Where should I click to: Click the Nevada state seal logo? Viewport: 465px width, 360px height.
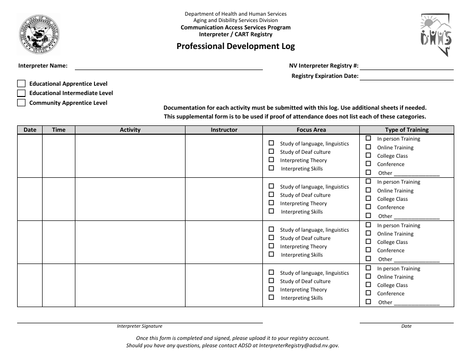click(x=39, y=34)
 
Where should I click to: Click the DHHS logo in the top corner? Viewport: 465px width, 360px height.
click(x=435, y=35)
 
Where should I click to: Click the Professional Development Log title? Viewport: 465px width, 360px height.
click(x=235, y=47)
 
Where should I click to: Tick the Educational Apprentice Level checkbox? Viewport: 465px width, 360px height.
click(x=21, y=84)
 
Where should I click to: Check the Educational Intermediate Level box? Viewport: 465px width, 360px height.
click(x=21, y=93)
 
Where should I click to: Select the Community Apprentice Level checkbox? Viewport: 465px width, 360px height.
click(x=21, y=103)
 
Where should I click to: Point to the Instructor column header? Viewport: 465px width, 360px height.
click(x=224, y=130)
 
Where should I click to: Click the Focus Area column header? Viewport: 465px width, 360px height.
click(x=311, y=130)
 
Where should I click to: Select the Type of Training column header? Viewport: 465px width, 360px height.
click(x=406, y=130)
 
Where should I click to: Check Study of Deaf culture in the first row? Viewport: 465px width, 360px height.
click(x=271, y=152)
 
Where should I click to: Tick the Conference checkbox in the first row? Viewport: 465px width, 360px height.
click(x=368, y=164)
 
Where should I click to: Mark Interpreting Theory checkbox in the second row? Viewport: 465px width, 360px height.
click(x=271, y=203)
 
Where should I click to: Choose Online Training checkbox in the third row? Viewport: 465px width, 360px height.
click(x=368, y=234)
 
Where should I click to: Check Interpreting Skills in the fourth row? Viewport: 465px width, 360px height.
click(x=271, y=298)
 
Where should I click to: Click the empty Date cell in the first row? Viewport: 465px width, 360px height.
click(x=30, y=156)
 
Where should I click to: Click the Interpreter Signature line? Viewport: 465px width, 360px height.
click(x=139, y=321)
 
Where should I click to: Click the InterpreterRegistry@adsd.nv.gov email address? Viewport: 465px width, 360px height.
click(x=299, y=345)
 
